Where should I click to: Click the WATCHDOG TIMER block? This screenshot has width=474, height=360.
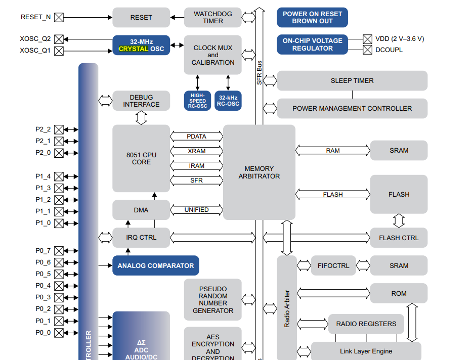213,17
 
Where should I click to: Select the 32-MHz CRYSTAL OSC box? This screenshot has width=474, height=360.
141,45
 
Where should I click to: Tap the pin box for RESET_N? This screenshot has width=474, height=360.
59,17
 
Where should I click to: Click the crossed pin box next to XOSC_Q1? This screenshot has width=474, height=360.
59,51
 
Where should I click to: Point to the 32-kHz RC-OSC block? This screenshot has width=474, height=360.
228,101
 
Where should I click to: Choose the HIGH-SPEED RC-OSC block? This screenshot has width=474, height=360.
198,101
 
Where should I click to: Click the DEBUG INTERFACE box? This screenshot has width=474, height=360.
141,101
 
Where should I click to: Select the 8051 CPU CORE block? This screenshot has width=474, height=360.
141,158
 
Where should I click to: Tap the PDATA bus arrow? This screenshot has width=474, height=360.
196,136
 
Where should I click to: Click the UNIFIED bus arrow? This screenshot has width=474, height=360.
196,209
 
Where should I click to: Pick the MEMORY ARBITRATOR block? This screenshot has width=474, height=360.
259,172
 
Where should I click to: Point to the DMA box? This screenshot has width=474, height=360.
141,210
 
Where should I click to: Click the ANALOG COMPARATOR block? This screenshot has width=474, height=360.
155,265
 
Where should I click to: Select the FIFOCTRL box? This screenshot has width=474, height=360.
333,265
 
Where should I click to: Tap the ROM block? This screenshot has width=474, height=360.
399,293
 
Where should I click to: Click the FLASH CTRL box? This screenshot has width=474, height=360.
399,238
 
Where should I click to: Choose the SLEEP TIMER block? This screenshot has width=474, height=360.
352,80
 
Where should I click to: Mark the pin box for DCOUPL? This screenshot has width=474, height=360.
368,50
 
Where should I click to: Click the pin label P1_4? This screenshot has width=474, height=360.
43,176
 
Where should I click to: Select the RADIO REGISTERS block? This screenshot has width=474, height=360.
366,324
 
